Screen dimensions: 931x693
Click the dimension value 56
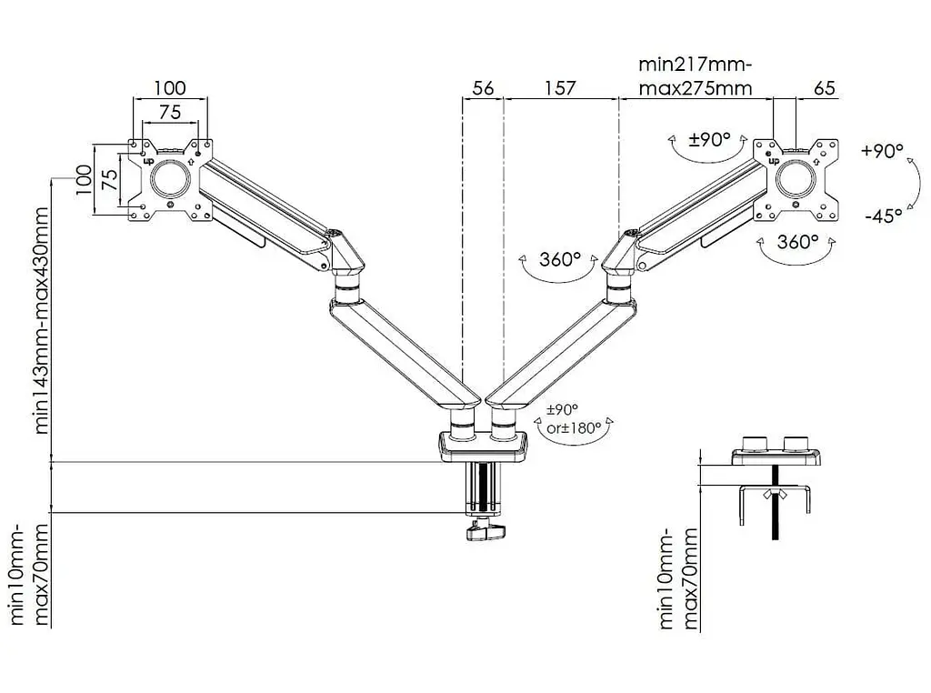point(483,88)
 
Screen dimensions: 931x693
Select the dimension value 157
point(560,88)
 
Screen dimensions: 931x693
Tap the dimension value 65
point(824,88)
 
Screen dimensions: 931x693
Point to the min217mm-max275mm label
point(696,76)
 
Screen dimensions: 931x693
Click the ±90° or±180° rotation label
point(574,418)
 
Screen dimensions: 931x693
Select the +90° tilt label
point(882,151)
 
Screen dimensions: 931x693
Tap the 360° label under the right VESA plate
point(797,242)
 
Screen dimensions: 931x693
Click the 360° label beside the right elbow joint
point(559,259)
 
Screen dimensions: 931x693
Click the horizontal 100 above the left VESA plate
point(170,88)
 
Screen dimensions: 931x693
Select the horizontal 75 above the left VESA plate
point(170,112)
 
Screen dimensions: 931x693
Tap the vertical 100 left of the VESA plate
point(84,179)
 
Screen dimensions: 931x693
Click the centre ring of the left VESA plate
point(170,179)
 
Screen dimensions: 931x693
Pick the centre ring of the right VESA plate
point(796,178)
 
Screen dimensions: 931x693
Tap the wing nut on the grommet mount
point(775,494)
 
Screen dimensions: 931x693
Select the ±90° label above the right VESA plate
point(709,139)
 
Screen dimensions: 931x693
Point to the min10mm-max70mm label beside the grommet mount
point(677,578)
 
